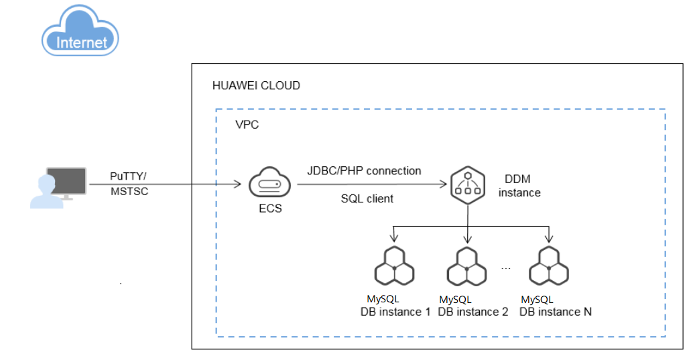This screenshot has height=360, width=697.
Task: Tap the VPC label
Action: coord(247,125)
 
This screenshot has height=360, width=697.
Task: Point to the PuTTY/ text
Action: coord(128,176)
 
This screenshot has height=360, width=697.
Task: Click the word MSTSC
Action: coord(129,192)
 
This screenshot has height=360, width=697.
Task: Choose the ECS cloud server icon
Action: coord(269,183)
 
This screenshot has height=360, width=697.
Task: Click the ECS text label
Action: coord(270,208)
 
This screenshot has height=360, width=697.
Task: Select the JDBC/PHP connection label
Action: coord(364,171)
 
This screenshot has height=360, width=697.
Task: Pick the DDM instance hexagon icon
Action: coord(467,184)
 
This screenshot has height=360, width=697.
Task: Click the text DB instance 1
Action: coord(395,312)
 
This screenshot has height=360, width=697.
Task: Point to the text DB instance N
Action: coord(556,312)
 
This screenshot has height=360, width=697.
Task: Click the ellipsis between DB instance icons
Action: coord(507,267)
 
